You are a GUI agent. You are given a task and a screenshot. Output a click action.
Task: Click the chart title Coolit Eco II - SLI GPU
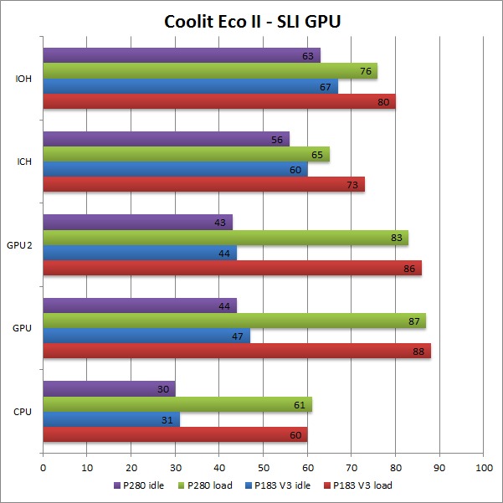point(252,20)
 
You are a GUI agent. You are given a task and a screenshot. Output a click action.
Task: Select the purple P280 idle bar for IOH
point(181,55)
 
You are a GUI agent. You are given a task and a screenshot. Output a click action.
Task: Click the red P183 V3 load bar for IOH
point(218,101)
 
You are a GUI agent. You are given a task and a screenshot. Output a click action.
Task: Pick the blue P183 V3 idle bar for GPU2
point(139,253)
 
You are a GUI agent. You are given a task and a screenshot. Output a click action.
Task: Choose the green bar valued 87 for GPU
point(234,321)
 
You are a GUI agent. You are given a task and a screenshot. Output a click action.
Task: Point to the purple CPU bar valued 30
point(109,389)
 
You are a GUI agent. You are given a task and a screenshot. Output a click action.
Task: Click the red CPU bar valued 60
point(175,434)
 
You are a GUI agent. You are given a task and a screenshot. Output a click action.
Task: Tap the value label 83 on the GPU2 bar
point(398,238)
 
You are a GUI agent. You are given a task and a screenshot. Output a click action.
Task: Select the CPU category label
point(23,412)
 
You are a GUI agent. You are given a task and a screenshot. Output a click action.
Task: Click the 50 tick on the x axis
point(263,468)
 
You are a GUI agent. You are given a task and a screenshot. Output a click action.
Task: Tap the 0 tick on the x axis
point(43,468)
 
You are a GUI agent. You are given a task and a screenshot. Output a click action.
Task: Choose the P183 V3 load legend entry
point(362,485)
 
